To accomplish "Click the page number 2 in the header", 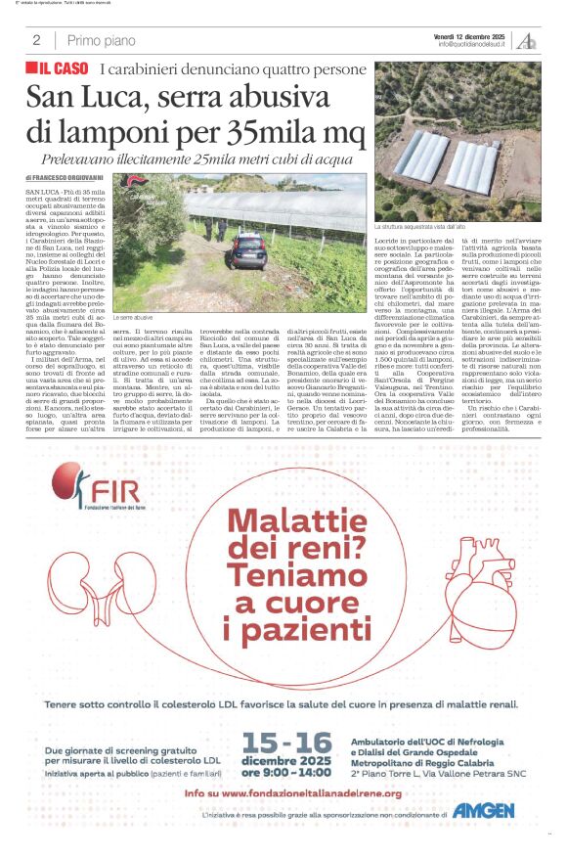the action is [x=36, y=40].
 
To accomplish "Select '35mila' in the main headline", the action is [x=254, y=132].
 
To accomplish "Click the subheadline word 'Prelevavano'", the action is [x=83, y=157].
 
